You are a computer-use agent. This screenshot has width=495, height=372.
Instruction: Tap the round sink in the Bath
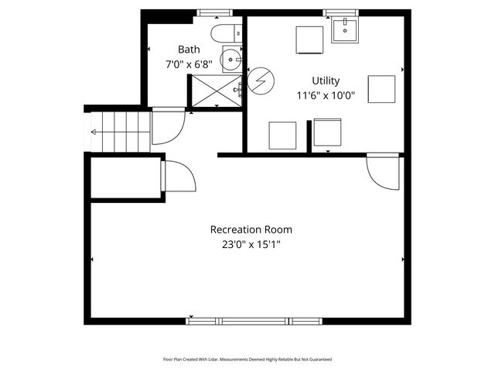pyautogui.click(x=231, y=58)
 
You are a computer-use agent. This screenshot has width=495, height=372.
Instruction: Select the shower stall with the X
pyautogui.click(x=216, y=89)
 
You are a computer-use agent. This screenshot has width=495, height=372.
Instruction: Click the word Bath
pyautogui.click(x=189, y=50)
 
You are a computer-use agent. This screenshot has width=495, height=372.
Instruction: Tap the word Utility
pyautogui.click(x=326, y=81)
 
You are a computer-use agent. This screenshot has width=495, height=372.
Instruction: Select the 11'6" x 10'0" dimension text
pyautogui.click(x=326, y=96)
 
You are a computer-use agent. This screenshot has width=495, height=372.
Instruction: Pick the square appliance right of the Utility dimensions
pyautogui.click(x=381, y=88)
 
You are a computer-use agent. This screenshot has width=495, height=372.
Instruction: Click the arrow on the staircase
pyautogui.click(x=95, y=132)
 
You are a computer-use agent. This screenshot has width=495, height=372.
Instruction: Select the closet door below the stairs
pyautogui.click(x=177, y=177)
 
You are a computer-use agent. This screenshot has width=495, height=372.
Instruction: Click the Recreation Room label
pyautogui.click(x=251, y=230)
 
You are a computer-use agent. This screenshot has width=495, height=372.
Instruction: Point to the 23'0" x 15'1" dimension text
pyautogui.click(x=251, y=246)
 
